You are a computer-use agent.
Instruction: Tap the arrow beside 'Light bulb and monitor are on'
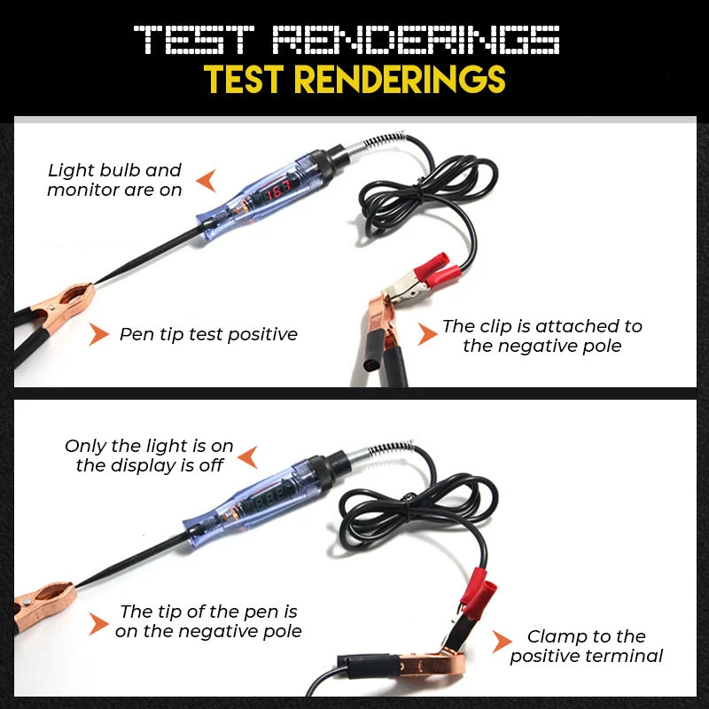pos(207,181)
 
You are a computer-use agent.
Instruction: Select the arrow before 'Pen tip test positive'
pos(98,334)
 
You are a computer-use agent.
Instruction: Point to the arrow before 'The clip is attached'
pos(427,334)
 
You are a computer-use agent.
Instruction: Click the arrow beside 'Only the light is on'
pos(248,457)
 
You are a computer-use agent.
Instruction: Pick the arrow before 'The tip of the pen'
pos(98,624)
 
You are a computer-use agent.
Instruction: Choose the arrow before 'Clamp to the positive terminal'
pos(502,641)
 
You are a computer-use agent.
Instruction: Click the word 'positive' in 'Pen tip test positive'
pos(262,335)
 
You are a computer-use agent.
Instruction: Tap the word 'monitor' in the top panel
pos(83,191)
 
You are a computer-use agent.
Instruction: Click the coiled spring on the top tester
pos(386,139)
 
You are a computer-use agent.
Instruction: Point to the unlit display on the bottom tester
pos(271,500)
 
